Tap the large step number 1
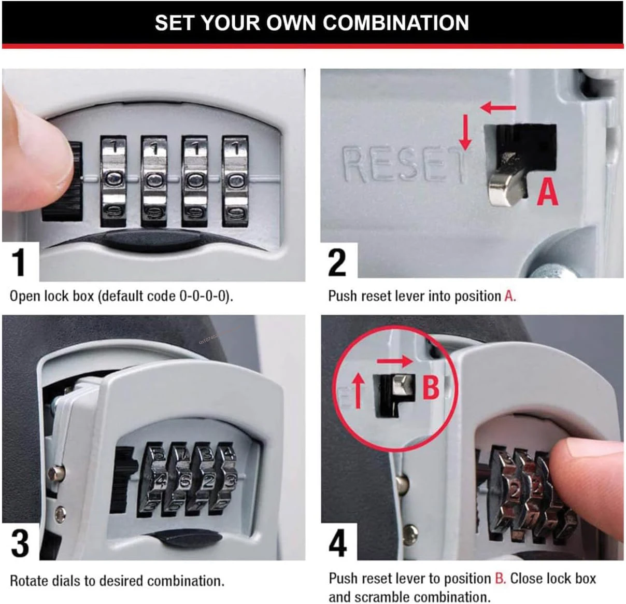pos(19,262)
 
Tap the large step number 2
pos(337,263)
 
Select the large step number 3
pos(20,543)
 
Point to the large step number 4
pos(337,543)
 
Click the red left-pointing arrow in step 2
pos(498,108)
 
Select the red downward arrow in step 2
pos(465,133)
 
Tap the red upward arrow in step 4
pos(358,391)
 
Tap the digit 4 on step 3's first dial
pos(161,481)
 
